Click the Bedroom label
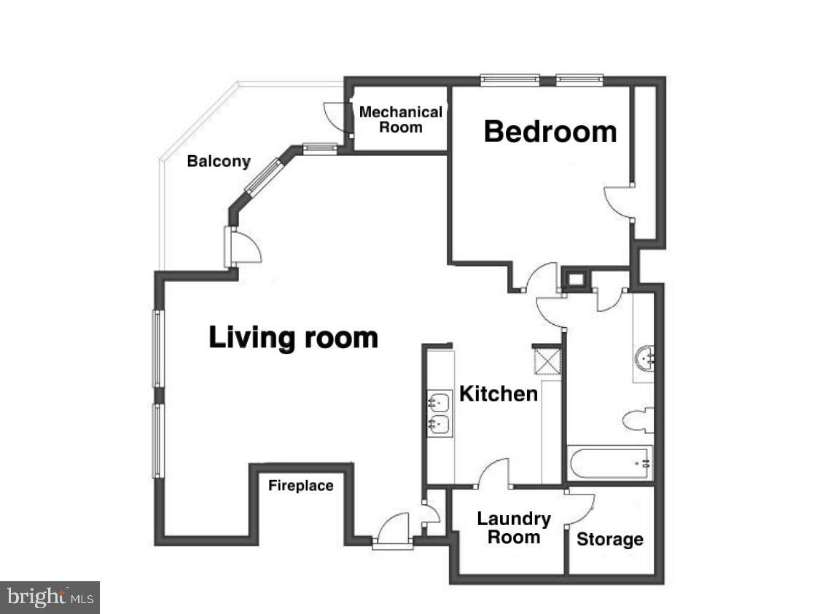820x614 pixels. click(550, 132)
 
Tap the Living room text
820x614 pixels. click(293, 338)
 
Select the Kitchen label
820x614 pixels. click(499, 394)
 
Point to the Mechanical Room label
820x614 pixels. click(400, 119)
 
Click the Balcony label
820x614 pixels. click(219, 162)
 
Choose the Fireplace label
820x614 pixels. click(300, 486)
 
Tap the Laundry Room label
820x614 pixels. click(514, 528)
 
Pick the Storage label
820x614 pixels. click(610, 540)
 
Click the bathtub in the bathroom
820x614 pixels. click(609, 463)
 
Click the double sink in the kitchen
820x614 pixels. click(439, 413)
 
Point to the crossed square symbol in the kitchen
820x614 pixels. click(548, 359)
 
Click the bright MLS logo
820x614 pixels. click(50, 597)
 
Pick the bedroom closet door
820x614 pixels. click(618, 202)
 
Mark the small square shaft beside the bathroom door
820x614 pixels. click(576, 279)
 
